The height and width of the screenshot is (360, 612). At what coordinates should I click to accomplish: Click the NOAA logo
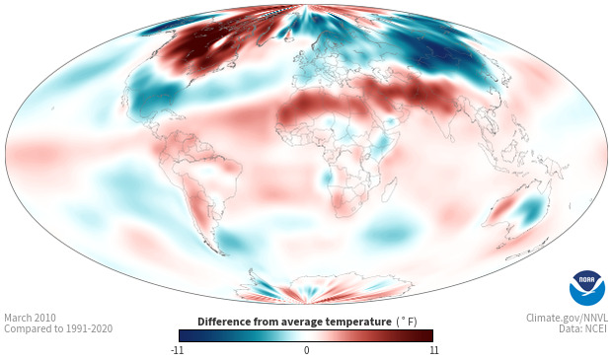[587, 288]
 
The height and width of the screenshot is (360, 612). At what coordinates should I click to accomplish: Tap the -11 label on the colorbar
[177, 350]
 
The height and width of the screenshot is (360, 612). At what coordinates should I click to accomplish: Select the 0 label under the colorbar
[306, 350]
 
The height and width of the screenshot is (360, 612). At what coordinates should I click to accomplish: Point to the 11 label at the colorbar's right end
[433, 350]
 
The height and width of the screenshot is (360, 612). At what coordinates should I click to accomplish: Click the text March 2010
[30, 318]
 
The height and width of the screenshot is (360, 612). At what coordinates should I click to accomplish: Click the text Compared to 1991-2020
[58, 328]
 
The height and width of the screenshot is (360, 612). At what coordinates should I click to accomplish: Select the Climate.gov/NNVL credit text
[567, 318]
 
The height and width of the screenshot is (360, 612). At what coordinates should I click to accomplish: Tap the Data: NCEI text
[583, 328]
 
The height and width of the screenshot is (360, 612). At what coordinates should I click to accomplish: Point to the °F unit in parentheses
[408, 322]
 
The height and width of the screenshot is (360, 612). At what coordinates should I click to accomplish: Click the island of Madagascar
[390, 189]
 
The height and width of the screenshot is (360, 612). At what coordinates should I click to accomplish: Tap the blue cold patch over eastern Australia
[530, 210]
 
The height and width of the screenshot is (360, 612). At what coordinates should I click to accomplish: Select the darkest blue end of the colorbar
[185, 335]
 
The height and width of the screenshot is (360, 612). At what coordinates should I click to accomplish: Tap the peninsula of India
[448, 125]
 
